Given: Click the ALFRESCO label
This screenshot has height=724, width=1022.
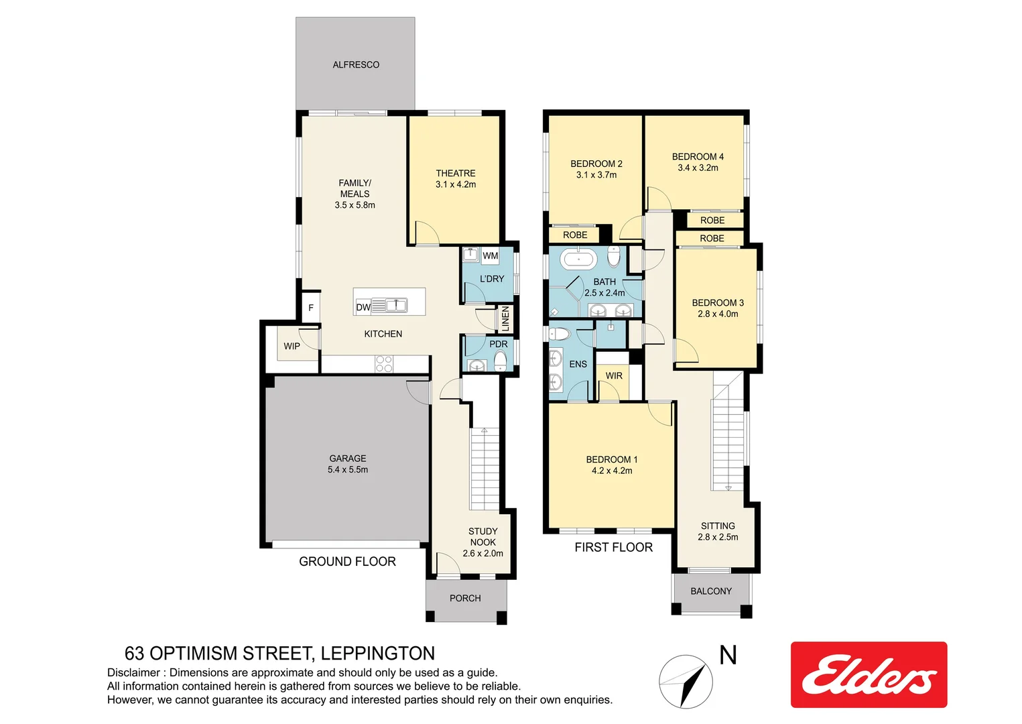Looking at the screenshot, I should pos(356,65).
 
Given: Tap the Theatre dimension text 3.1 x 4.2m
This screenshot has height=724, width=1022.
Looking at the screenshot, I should pos(456,184).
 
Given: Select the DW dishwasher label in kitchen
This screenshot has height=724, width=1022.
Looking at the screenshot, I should pos(363,307).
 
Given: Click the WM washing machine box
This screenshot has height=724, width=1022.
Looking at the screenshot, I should pos(490,255).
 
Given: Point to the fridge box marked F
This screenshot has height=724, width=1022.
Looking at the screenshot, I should pos(310,308).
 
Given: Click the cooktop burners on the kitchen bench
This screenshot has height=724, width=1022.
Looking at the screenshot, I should pos(384,364).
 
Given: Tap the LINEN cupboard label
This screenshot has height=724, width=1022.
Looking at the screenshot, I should pos(505,318).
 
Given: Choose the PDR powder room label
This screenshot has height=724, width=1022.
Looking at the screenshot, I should pos(499,344).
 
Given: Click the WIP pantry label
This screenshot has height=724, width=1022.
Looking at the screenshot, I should pos(292,347).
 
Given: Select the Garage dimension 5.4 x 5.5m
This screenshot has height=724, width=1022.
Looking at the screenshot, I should pos(348,470).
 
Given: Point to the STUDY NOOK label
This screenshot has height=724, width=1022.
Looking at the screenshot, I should pos(483,536).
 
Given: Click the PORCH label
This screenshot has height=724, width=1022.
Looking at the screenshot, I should pos(465,598).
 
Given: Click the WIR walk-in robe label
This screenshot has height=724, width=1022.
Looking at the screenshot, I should pos(614,376).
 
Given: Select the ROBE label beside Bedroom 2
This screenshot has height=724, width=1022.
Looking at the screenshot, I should pos(575,235).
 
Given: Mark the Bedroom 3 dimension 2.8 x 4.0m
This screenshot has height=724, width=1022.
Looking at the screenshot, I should pos(718,314).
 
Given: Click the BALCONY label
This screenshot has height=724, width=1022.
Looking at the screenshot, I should pos(711,591).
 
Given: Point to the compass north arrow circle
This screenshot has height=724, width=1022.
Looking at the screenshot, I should pos(686,682).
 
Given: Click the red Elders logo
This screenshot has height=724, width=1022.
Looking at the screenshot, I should pos(869,674).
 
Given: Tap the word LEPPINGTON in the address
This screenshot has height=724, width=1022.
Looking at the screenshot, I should pos(377,654).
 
